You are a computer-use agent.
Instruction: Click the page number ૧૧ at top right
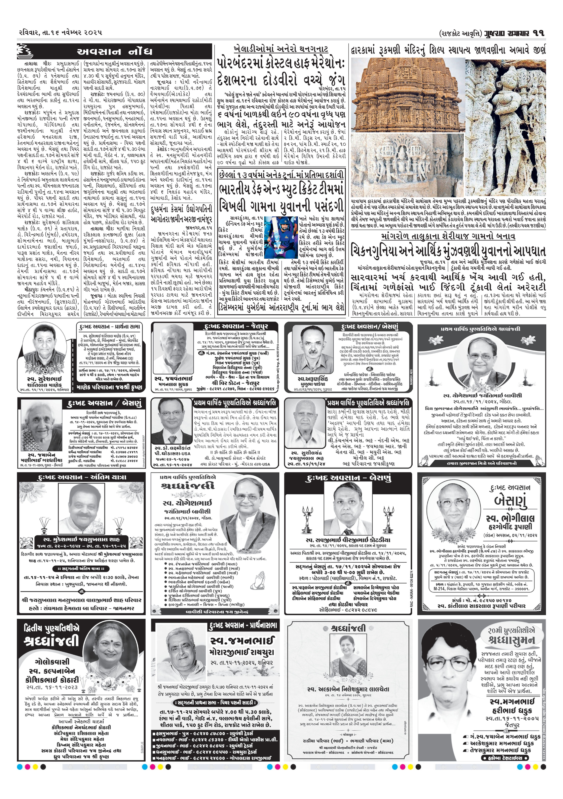[536, 33]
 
